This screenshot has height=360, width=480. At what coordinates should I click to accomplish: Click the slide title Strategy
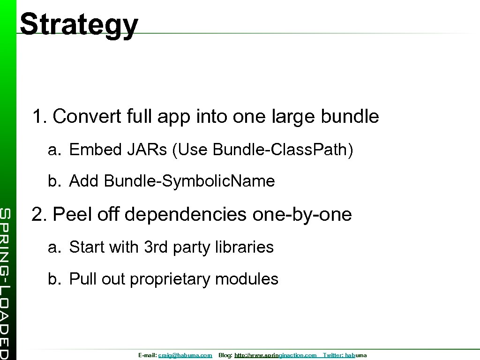click(79, 24)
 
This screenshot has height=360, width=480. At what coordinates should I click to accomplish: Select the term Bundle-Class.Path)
click(283, 150)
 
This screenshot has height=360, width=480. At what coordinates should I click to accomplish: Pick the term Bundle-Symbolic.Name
click(189, 181)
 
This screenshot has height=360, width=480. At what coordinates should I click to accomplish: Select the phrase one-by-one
click(302, 215)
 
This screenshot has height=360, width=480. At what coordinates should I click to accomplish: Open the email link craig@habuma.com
click(185, 356)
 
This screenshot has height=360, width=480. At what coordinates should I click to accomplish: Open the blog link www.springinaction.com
click(276, 356)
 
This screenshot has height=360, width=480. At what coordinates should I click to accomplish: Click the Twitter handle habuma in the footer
click(356, 356)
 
